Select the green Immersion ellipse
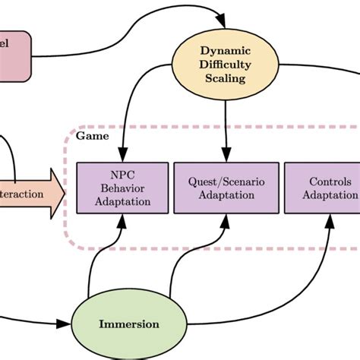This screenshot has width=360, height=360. tap(129, 324)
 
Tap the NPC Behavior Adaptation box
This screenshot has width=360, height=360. tap(119, 187)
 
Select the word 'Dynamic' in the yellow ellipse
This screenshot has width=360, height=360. tap(224, 50)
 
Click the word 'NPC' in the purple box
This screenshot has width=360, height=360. tap(119, 172)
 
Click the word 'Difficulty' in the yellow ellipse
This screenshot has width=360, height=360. tap(224, 64)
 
